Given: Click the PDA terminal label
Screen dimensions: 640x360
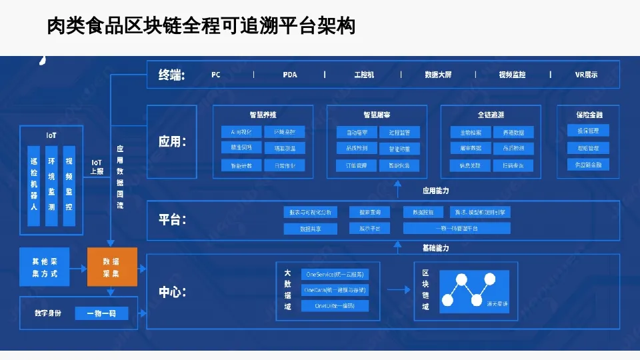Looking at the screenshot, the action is click(289, 75).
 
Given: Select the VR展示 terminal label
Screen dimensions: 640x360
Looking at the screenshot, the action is click(586, 75).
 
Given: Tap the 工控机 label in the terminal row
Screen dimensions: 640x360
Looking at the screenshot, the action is click(364, 75).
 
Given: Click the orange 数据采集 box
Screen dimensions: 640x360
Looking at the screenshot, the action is click(112, 267).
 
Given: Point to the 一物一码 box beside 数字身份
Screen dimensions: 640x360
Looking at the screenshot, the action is click(101, 313).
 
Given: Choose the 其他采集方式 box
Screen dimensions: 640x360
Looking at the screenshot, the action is click(45, 267).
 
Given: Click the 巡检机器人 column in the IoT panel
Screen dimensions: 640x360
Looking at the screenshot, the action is click(34, 183).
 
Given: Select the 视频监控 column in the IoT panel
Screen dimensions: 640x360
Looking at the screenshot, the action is click(69, 183).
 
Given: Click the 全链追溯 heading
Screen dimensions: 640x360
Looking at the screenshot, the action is click(491, 115).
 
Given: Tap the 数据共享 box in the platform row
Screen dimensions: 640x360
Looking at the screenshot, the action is click(311, 229).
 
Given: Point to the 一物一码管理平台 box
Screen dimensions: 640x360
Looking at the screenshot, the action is click(457, 229).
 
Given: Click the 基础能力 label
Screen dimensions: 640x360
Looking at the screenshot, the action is click(435, 248).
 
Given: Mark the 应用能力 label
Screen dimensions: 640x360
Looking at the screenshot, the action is click(435, 191).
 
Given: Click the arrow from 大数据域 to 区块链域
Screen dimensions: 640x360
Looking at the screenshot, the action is click(397, 290).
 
